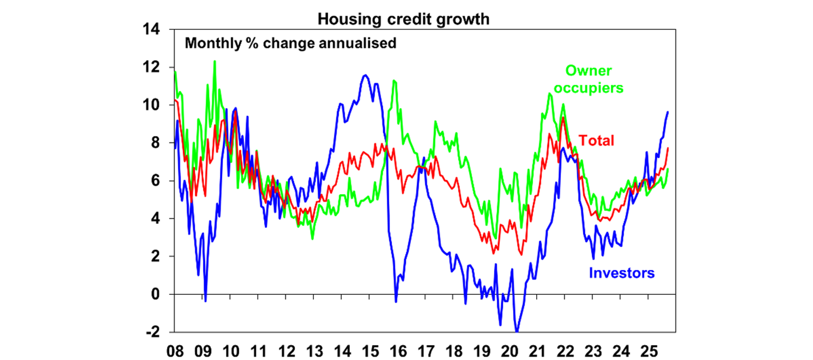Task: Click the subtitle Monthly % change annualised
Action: [x=290, y=43]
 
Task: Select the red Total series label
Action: [x=597, y=141]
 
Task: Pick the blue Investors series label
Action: [x=621, y=273]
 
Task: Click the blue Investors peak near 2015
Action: [x=365, y=75]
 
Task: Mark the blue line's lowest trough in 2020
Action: [x=517, y=331]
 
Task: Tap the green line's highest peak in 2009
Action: [x=214, y=61]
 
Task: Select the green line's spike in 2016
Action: [x=394, y=80]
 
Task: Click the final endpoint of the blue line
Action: [x=668, y=112]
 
